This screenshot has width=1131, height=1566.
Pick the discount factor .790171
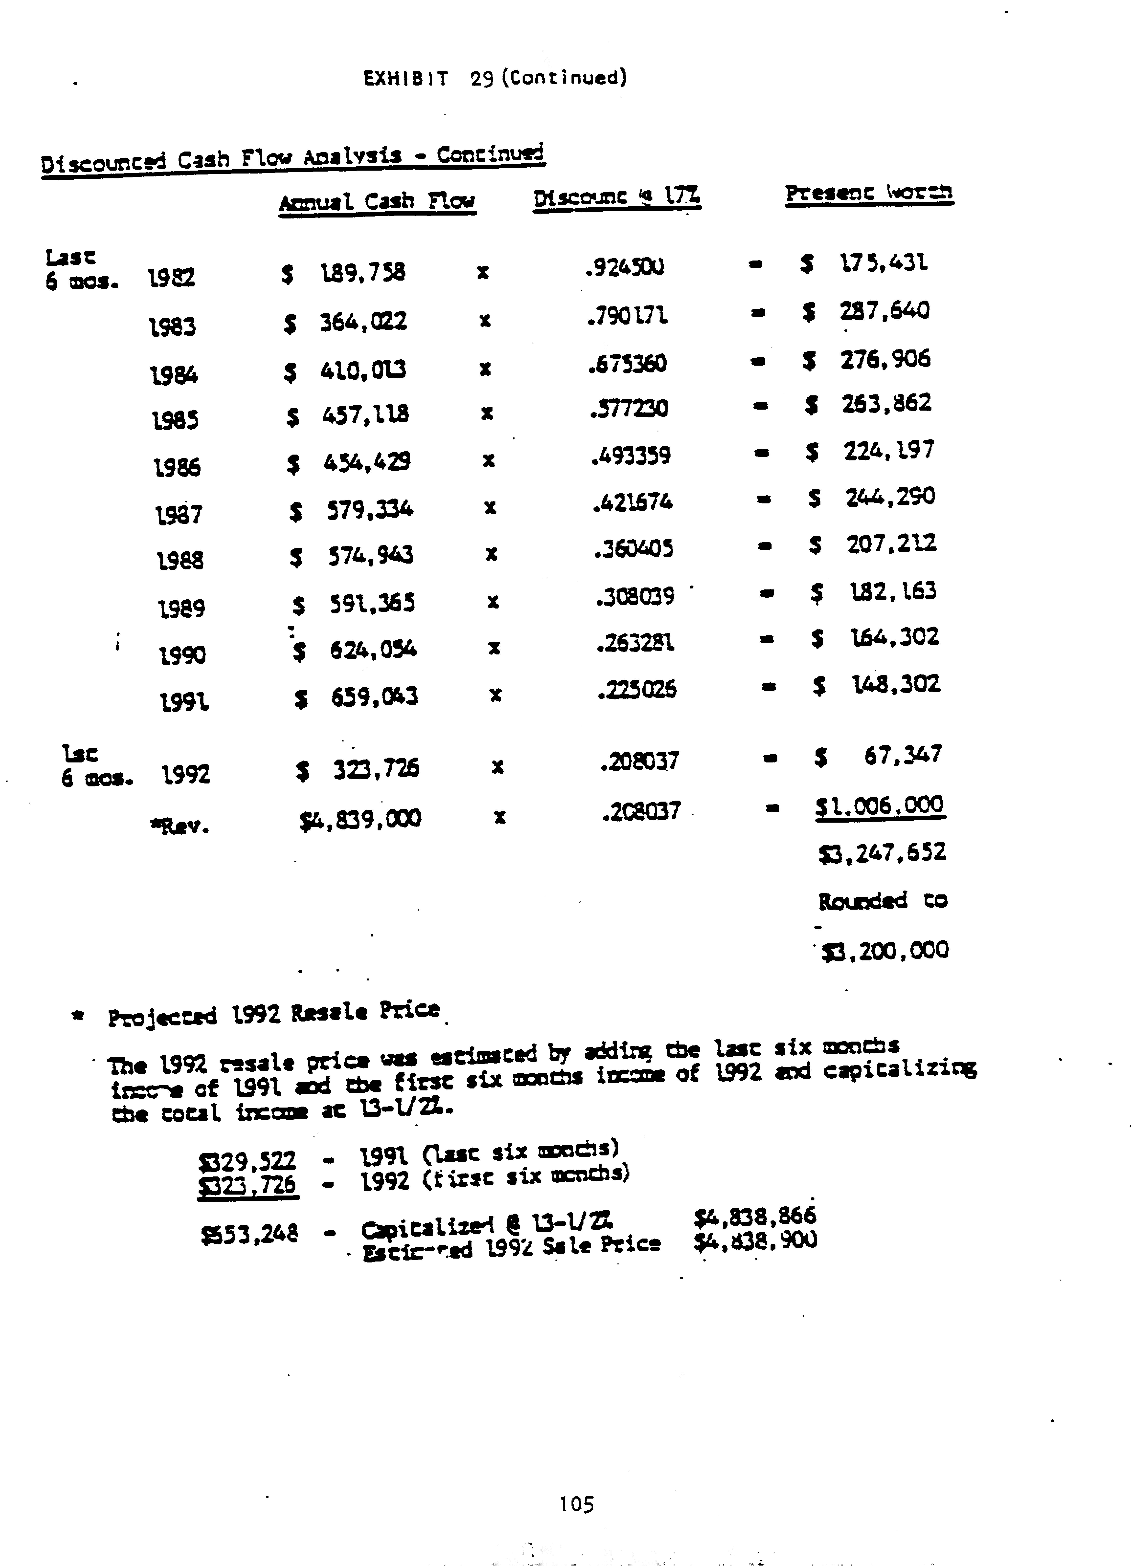pyautogui.click(x=627, y=316)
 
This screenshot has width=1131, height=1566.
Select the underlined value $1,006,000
pyautogui.click(x=880, y=806)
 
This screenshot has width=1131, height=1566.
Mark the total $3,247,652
pyautogui.click(x=882, y=853)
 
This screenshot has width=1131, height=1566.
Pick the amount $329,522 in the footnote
pyautogui.click(x=247, y=1160)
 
